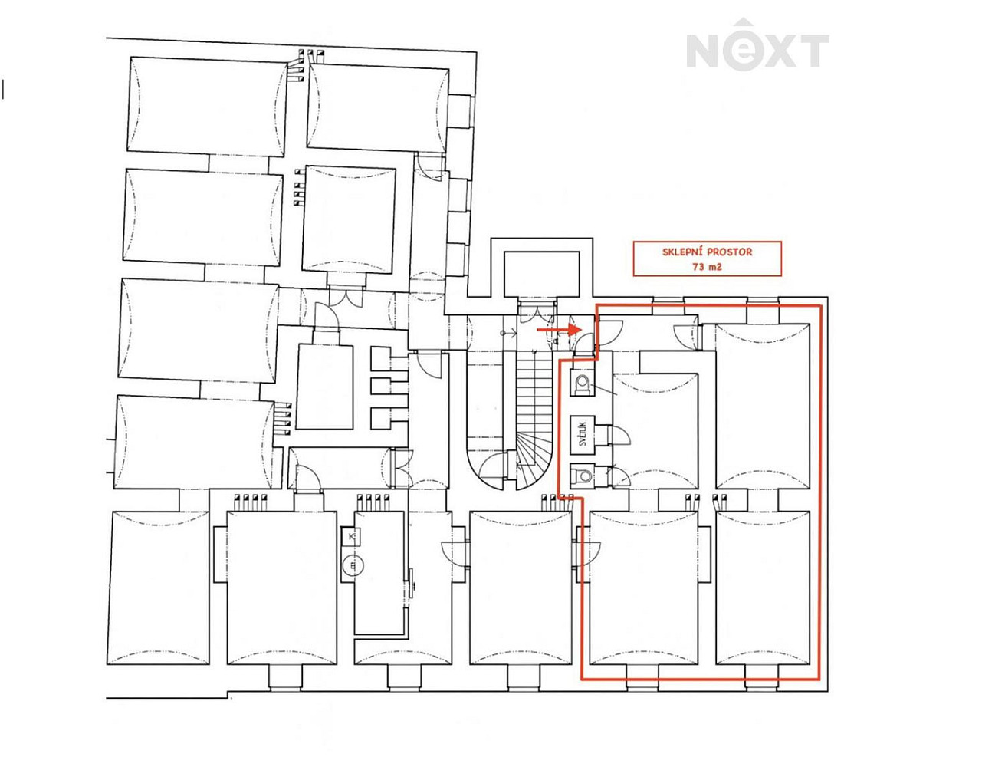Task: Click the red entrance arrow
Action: (x=559, y=329)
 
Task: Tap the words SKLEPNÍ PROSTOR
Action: (x=707, y=252)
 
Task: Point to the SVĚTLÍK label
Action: (x=583, y=434)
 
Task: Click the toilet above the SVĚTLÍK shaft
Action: (x=583, y=382)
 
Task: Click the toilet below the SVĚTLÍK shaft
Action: (x=583, y=476)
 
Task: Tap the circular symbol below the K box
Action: (x=353, y=566)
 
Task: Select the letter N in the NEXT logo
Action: (x=704, y=51)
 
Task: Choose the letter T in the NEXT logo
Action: (x=813, y=51)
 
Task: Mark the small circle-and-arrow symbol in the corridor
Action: (x=507, y=332)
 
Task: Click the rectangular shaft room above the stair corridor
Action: (x=541, y=274)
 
